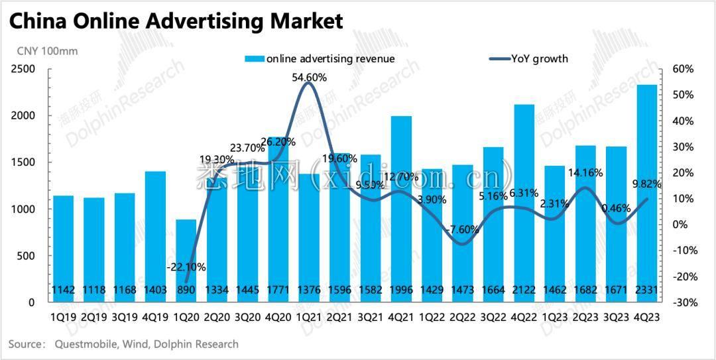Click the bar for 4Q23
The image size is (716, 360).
tap(646, 192)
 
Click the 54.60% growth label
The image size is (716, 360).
tap(309, 78)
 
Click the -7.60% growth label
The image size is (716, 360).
tap(462, 229)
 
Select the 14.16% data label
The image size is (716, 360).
tap(585, 173)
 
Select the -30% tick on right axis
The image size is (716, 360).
tap(682, 302)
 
